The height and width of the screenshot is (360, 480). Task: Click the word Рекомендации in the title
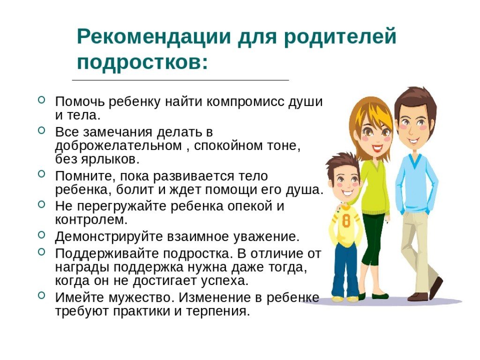coord(154,36)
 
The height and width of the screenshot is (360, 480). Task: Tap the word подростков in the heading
coord(140,63)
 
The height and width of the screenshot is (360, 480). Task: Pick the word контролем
coord(91,220)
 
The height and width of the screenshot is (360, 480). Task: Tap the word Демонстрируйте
coord(109,237)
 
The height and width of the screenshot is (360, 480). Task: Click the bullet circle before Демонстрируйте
coord(42,235)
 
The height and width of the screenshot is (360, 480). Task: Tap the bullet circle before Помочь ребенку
coord(42,99)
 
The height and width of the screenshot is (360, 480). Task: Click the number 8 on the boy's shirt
coord(346,221)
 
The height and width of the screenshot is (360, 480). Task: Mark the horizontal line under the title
coord(180,80)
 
